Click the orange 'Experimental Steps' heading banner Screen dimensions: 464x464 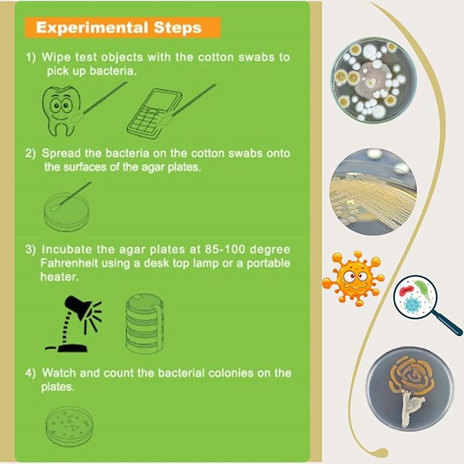[122, 27]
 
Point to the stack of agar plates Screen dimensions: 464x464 [144, 323]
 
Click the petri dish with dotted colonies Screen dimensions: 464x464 [69, 426]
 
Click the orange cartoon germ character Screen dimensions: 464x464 [353, 278]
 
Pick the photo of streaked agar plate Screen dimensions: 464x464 [373, 192]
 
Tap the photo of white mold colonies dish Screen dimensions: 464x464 [373, 79]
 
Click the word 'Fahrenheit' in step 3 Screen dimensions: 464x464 [68, 263]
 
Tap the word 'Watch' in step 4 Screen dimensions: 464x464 [59, 373]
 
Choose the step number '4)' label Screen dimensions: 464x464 [30, 373]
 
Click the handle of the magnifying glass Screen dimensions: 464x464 [448, 325]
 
